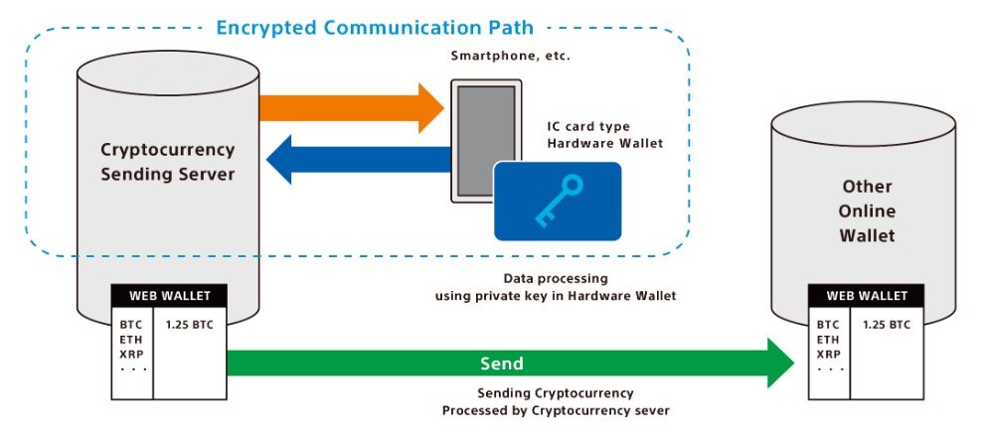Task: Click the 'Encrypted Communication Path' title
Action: point(375,28)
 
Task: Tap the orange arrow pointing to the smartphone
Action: point(352,107)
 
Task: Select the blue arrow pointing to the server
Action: point(359,160)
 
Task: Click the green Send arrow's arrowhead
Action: point(781,363)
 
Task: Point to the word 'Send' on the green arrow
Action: point(502,363)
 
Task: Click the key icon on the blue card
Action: point(559,201)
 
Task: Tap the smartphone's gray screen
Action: point(486,141)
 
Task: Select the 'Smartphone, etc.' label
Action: point(511,56)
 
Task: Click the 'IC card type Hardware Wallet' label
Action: point(605,135)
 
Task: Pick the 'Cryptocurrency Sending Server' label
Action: point(168,162)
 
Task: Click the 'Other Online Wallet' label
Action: point(867,212)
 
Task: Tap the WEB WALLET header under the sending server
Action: point(169,295)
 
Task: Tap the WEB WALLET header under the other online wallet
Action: point(866,295)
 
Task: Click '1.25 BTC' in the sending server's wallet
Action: point(189,326)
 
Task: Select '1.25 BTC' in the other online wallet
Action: point(886,326)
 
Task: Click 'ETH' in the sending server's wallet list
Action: point(131,340)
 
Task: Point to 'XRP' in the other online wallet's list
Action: point(828,354)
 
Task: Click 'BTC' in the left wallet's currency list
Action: point(131,326)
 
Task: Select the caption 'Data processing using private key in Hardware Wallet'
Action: point(556,286)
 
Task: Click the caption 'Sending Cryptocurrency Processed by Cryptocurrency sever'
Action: point(556,402)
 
